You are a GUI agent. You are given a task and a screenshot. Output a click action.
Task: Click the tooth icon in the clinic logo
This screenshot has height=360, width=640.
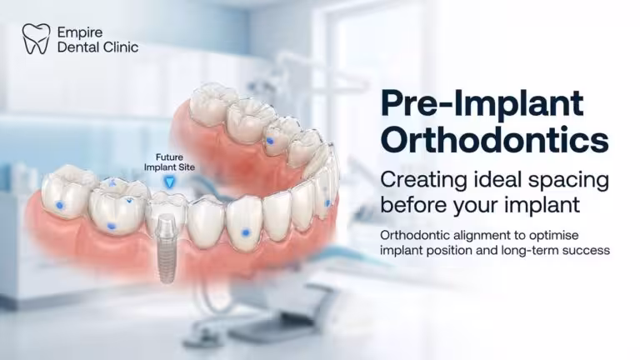point(35,38)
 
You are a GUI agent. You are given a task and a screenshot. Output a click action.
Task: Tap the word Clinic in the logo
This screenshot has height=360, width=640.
point(117,47)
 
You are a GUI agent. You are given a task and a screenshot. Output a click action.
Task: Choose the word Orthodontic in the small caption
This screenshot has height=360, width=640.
point(417,233)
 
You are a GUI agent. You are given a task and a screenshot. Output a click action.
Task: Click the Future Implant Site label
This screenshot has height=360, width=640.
point(170,160)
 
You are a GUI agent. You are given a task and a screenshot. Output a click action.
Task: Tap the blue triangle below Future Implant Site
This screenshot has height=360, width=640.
point(170,180)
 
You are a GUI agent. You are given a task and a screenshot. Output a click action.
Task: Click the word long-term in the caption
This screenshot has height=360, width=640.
point(522,249)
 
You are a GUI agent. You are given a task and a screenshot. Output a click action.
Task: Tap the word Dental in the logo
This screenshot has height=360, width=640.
point(77,47)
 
